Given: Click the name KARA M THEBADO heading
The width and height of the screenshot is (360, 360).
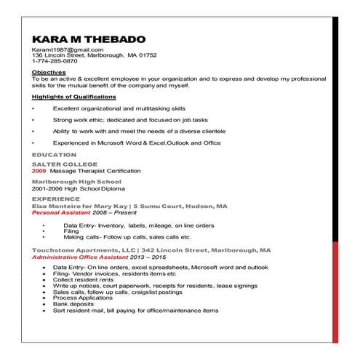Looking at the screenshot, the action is (x=88, y=39).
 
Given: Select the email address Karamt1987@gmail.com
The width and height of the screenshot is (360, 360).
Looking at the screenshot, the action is (x=63, y=49).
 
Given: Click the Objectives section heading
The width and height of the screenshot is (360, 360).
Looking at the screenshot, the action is (x=49, y=73).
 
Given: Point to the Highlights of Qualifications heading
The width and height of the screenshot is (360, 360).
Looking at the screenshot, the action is (x=73, y=97).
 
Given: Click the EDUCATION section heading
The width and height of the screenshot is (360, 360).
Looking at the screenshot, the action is (x=54, y=155).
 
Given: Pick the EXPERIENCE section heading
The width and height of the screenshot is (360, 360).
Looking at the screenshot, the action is (x=56, y=198).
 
